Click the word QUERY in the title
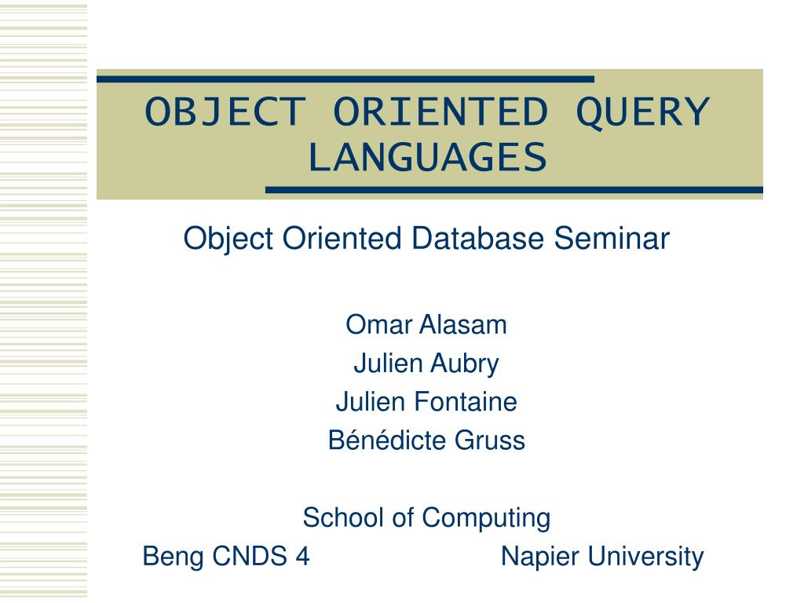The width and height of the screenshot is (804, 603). click(643, 112)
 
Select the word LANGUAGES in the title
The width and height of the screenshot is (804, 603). click(426, 157)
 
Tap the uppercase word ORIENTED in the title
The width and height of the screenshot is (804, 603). click(439, 112)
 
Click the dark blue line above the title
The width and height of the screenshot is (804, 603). click(345, 79)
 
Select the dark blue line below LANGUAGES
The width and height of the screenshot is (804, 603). click(514, 190)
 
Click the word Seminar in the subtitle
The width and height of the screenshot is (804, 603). click(612, 238)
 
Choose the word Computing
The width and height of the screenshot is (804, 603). click(486, 518)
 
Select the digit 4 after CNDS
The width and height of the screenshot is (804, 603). click(302, 557)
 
